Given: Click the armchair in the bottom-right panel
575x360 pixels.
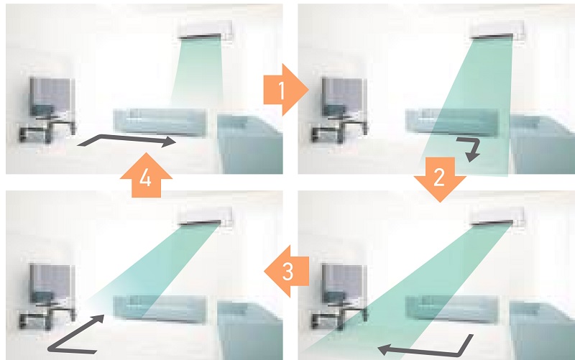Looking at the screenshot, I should (540, 323).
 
